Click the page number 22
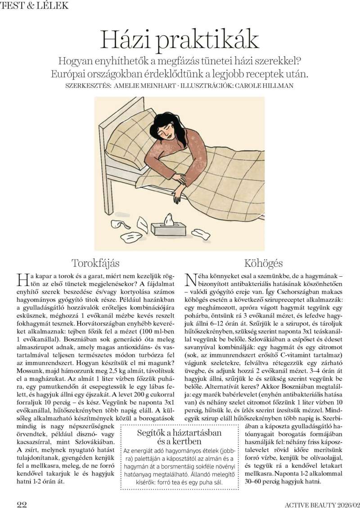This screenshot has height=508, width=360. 22,502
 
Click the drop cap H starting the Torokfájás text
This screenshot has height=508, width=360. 22,280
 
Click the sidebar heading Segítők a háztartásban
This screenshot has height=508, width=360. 179,433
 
